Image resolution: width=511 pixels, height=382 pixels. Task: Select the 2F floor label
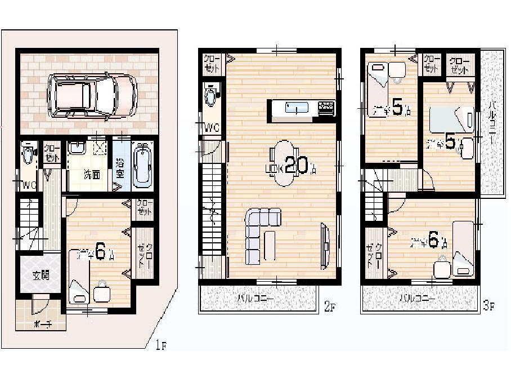pyautogui.click(x=329, y=307)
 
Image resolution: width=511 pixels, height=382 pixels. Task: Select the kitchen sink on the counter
pyautogui.click(x=296, y=108)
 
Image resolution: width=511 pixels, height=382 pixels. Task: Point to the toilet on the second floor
pyautogui.click(x=211, y=95)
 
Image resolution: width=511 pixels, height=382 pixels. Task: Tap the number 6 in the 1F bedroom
pyautogui.click(x=100, y=251)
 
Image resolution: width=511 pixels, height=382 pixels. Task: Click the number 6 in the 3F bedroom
pyautogui.click(x=433, y=240)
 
